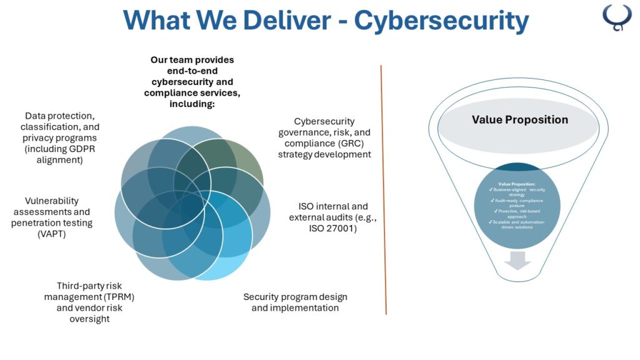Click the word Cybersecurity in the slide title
(441, 20)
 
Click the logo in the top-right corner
(617, 17)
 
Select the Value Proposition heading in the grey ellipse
(519, 120)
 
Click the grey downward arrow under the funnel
(518, 260)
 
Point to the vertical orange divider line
(383, 187)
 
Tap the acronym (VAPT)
(52, 234)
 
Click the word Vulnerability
(52, 201)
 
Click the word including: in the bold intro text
(192, 104)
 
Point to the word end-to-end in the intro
(192, 71)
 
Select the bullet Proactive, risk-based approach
(517, 214)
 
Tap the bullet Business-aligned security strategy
(517, 191)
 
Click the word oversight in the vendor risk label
(89, 319)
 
